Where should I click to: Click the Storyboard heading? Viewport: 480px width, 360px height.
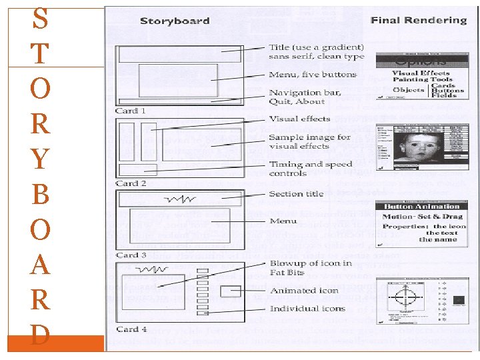coord(175,21)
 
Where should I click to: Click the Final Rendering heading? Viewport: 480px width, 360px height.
coord(419,21)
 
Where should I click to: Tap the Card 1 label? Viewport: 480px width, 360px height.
coord(131,111)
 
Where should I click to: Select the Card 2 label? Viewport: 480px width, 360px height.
coord(131,183)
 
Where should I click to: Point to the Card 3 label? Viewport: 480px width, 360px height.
coord(131,255)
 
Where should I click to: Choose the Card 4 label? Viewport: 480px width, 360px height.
coord(131,329)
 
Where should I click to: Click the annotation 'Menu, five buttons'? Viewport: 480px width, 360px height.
coord(313,75)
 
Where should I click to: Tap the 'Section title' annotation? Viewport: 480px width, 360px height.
coord(296,194)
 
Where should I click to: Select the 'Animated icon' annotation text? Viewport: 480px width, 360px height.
coord(304,291)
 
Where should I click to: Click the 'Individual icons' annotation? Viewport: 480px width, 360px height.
coord(307,309)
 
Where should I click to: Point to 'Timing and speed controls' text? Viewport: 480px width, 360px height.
coord(310,169)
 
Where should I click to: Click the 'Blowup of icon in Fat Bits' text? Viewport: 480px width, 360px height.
coord(310,267)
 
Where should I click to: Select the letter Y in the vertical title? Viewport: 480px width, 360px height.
coord(40,159)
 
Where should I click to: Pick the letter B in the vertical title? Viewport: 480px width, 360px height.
coord(40,195)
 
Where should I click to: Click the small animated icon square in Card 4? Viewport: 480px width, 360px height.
coord(231,291)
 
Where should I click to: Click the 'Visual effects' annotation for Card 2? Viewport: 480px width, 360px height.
coord(299,119)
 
